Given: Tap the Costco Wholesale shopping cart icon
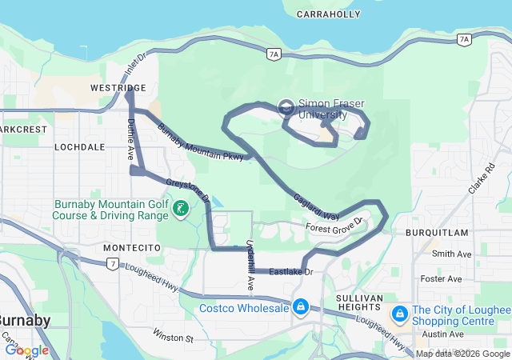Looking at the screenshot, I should pos(300,307).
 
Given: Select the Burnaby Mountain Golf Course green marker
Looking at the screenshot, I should pos(182,210).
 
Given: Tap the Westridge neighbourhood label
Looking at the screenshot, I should pos(118,86).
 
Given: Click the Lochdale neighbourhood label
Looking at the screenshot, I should pos(79,148).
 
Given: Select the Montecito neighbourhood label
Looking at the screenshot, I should pos(133,248).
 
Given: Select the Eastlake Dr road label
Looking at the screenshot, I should pos(290,273).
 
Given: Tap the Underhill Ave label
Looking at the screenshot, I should pos(250,264).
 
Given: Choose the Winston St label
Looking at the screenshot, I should pos(174,338).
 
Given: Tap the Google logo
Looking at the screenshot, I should pos(26,350).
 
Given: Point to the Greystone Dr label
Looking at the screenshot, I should pos(187,190).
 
